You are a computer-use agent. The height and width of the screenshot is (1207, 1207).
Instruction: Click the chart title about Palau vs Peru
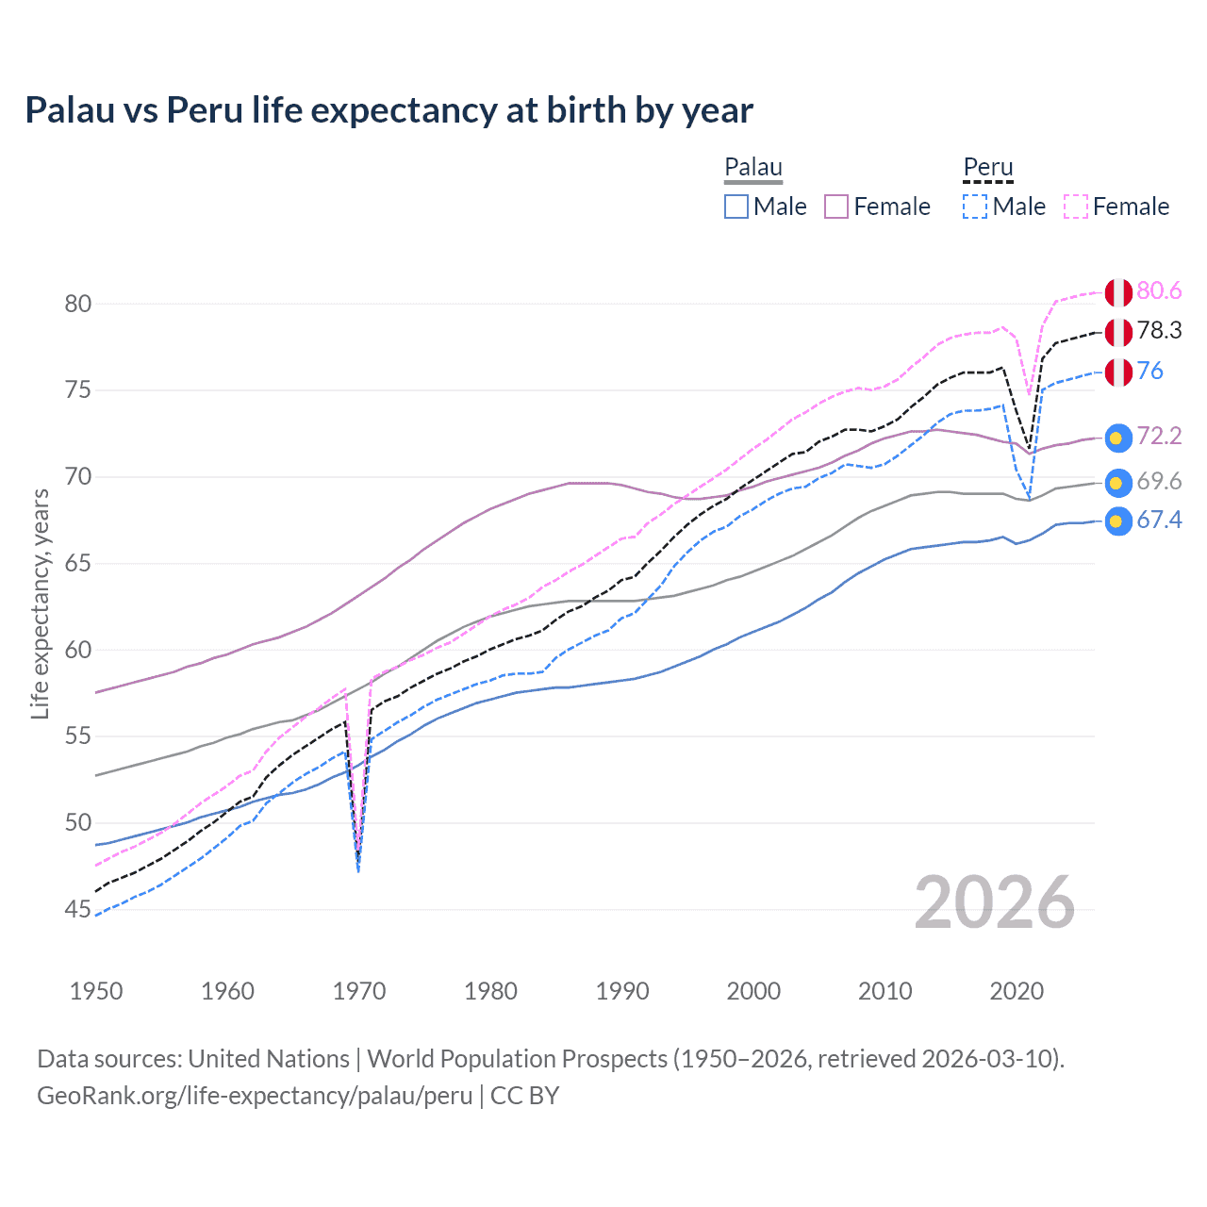389,110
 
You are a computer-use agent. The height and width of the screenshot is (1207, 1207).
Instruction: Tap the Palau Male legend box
736,207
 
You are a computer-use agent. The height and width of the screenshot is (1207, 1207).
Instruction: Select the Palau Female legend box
836,207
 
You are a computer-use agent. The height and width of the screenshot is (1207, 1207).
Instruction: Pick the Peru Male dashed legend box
975,207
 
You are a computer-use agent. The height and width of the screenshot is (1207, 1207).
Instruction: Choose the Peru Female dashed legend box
1076,207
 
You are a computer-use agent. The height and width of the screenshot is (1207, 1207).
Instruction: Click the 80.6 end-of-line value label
1159,290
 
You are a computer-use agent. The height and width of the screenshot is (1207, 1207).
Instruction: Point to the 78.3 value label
1159,330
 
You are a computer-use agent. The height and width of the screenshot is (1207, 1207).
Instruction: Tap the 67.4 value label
1159,520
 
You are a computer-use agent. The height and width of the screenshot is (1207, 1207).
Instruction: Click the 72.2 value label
1159,436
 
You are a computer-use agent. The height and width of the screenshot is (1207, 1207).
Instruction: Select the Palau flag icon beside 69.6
1117,482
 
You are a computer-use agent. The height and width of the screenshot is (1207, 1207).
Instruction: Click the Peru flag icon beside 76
1117,372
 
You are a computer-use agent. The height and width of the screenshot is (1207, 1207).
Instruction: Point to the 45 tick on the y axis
78,909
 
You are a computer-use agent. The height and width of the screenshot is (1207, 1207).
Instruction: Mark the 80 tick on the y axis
78,304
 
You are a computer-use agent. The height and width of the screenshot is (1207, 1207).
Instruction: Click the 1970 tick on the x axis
359,991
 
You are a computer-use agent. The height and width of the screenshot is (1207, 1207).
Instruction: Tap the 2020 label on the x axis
1017,991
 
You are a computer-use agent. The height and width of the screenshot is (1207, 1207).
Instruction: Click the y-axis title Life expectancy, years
40,603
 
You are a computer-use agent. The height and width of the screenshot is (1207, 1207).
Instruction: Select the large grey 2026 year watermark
994,902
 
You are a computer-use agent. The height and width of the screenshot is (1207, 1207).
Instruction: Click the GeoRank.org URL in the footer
255,1096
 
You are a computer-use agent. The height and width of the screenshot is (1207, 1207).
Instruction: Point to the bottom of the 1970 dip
358,869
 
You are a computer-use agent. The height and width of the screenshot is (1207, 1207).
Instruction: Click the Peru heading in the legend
987,168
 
